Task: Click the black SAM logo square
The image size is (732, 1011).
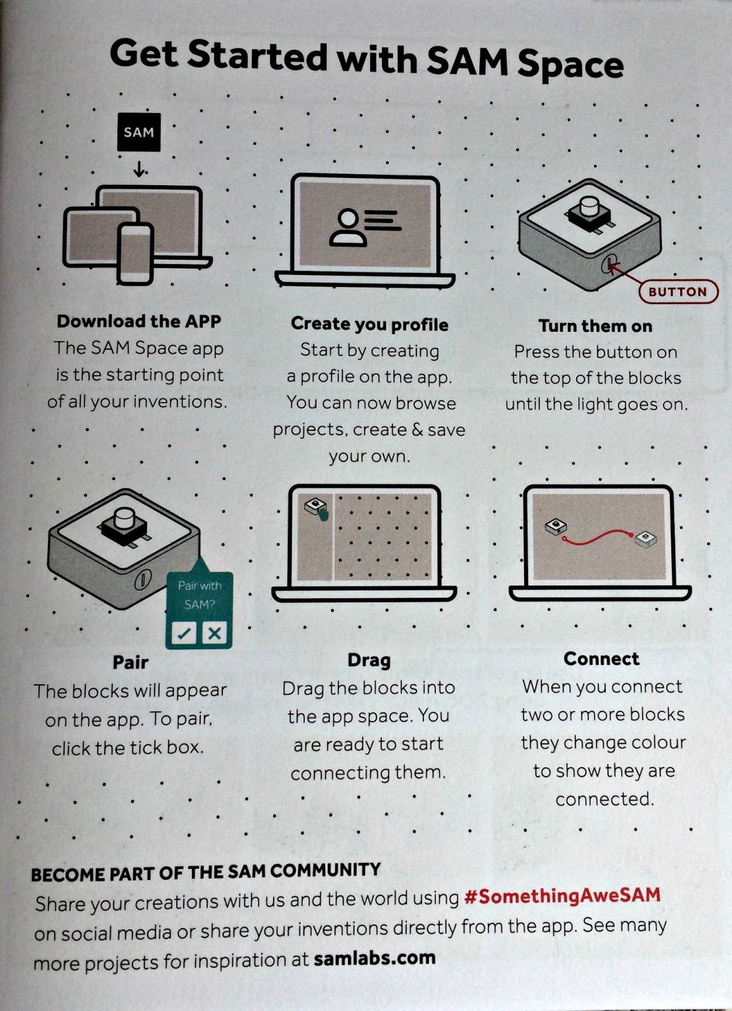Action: [x=139, y=132]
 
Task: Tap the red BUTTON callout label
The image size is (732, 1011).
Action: [x=678, y=291]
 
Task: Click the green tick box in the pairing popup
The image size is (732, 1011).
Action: [x=184, y=633]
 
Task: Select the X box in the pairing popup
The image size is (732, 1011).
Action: [x=214, y=633]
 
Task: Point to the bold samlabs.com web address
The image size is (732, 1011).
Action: [x=375, y=958]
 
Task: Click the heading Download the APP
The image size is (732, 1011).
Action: [x=139, y=321]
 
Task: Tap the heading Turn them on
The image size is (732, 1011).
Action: [x=596, y=326]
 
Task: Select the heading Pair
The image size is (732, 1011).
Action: [x=130, y=662]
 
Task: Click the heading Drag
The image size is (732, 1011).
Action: [x=369, y=660]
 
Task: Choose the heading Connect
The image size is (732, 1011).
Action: [x=601, y=658]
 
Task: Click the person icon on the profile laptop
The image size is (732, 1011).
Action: [x=348, y=227]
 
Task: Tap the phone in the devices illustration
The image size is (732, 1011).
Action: [x=135, y=254]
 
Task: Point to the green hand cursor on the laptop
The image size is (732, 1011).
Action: [x=323, y=514]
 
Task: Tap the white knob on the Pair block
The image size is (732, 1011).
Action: [x=124, y=518]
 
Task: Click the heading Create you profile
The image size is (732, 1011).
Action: [x=369, y=324]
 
